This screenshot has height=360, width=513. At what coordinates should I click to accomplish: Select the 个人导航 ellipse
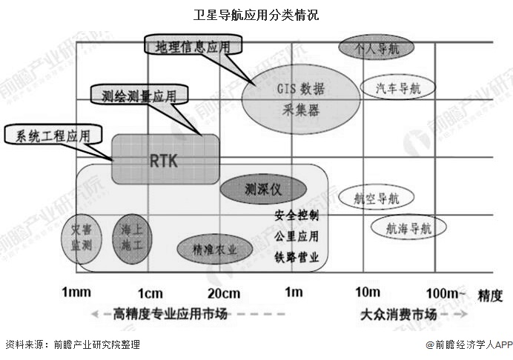[x=376, y=48]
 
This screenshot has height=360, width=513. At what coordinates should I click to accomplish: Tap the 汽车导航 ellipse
[x=397, y=88]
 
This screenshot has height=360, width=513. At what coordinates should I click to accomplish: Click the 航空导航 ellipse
[x=377, y=198]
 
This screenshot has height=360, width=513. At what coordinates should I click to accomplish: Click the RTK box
[x=165, y=159]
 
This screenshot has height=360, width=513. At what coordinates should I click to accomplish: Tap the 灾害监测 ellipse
[x=80, y=239]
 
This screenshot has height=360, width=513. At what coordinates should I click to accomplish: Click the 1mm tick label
[x=76, y=291]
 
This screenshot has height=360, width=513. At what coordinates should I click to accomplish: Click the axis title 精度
[x=490, y=294]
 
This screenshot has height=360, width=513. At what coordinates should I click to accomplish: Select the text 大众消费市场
[x=397, y=315]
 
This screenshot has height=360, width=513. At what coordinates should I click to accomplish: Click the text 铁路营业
[x=297, y=257]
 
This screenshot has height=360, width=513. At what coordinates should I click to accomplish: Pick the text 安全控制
[x=297, y=216]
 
